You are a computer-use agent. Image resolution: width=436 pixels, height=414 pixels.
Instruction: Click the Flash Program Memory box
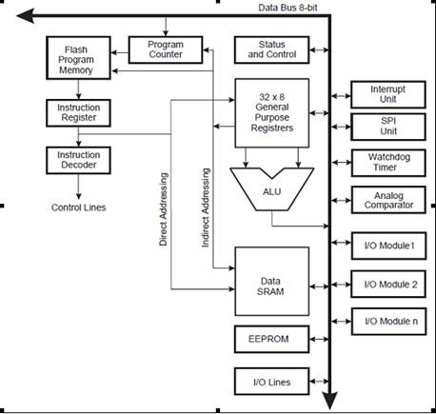pos(78,58)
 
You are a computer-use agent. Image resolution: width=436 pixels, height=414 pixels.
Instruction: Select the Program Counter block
pos(166,49)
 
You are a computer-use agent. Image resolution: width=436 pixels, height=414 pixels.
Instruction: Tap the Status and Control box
pos(271,49)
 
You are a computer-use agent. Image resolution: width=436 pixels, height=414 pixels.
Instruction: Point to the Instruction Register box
pos(78,113)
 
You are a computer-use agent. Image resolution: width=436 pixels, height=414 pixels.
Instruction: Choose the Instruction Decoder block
pos(78,160)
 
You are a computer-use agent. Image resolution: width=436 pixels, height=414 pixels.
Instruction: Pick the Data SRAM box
pos(272,281)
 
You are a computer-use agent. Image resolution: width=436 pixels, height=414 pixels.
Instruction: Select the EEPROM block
pos(271,339)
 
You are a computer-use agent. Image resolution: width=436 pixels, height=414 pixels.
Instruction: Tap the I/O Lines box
pos(271,382)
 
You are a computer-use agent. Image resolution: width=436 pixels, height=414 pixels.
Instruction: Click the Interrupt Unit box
pos(388,94)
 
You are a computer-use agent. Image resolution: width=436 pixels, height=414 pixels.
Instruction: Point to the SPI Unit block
pos(388,127)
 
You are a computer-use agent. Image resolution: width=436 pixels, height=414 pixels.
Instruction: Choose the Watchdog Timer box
pos(388,163)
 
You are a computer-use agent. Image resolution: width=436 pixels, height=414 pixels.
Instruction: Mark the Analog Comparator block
pos(388,200)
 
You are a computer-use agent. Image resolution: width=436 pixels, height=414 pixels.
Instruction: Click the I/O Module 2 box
pos(388,285)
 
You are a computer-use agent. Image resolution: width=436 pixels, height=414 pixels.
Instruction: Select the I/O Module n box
pos(388,322)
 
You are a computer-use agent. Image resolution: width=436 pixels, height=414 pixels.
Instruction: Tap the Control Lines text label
pos(78,207)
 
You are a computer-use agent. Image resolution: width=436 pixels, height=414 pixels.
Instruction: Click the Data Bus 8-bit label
pos(287,8)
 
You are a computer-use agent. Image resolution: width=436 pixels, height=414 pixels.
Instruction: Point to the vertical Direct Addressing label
pos(163,209)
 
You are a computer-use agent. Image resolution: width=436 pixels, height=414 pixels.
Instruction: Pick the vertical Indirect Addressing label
pos(206,207)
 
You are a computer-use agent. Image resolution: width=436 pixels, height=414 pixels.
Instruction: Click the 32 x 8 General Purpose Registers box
pos(272,113)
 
